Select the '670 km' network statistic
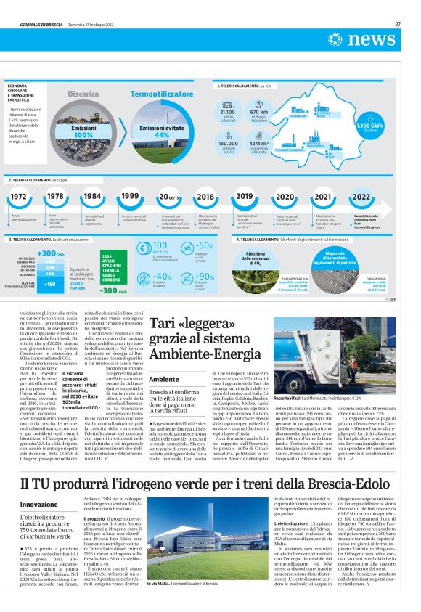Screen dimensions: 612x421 [x=259, y=113]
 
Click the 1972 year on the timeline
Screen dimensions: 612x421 [x=20, y=197]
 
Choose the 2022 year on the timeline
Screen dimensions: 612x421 [x=361, y=197]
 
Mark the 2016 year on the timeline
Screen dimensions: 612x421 [x=205, y=197]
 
